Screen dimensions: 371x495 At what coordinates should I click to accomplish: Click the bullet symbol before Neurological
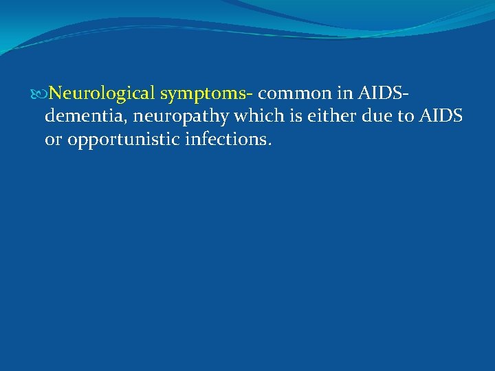point(43,93)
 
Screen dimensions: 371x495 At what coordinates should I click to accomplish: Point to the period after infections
point(270,145)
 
